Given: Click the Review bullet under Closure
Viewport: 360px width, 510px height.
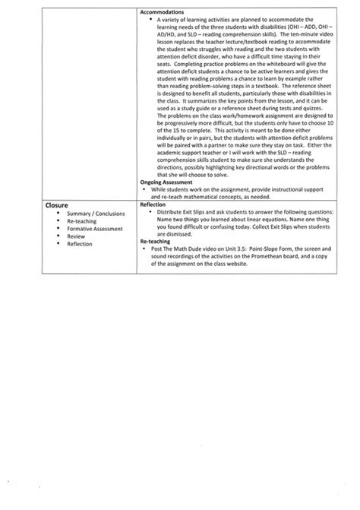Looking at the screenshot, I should (x=76, y=236).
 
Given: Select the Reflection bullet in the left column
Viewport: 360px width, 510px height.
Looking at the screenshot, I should (x=80, y=244).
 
